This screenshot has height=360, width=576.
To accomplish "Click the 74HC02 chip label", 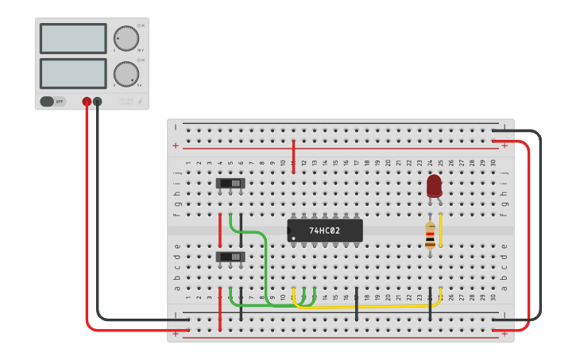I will coord(325,230).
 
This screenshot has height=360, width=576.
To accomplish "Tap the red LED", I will coord(434,186).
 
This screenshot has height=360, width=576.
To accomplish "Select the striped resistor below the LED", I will coord(430,236).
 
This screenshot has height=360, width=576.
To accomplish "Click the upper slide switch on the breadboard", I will coord(230,184).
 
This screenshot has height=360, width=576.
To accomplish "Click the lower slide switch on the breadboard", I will coord(230,257).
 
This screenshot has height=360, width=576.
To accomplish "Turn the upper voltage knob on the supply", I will coord(126,37).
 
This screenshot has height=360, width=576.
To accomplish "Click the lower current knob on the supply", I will coord(126,74).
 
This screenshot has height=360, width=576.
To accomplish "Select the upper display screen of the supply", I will coord(73,38).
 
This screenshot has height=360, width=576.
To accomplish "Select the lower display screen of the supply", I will coord(73,73).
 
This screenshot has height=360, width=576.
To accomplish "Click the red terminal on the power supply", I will coord(87,102).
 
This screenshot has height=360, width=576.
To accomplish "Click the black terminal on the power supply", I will coord(98,102).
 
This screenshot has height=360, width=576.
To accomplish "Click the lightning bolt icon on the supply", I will coord(141,101).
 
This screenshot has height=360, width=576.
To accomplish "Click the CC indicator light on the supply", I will coord(138,60).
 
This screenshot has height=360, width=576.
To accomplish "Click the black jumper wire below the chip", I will coord(357,304).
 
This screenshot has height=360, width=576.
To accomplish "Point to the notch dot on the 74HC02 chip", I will coord(292,238).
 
